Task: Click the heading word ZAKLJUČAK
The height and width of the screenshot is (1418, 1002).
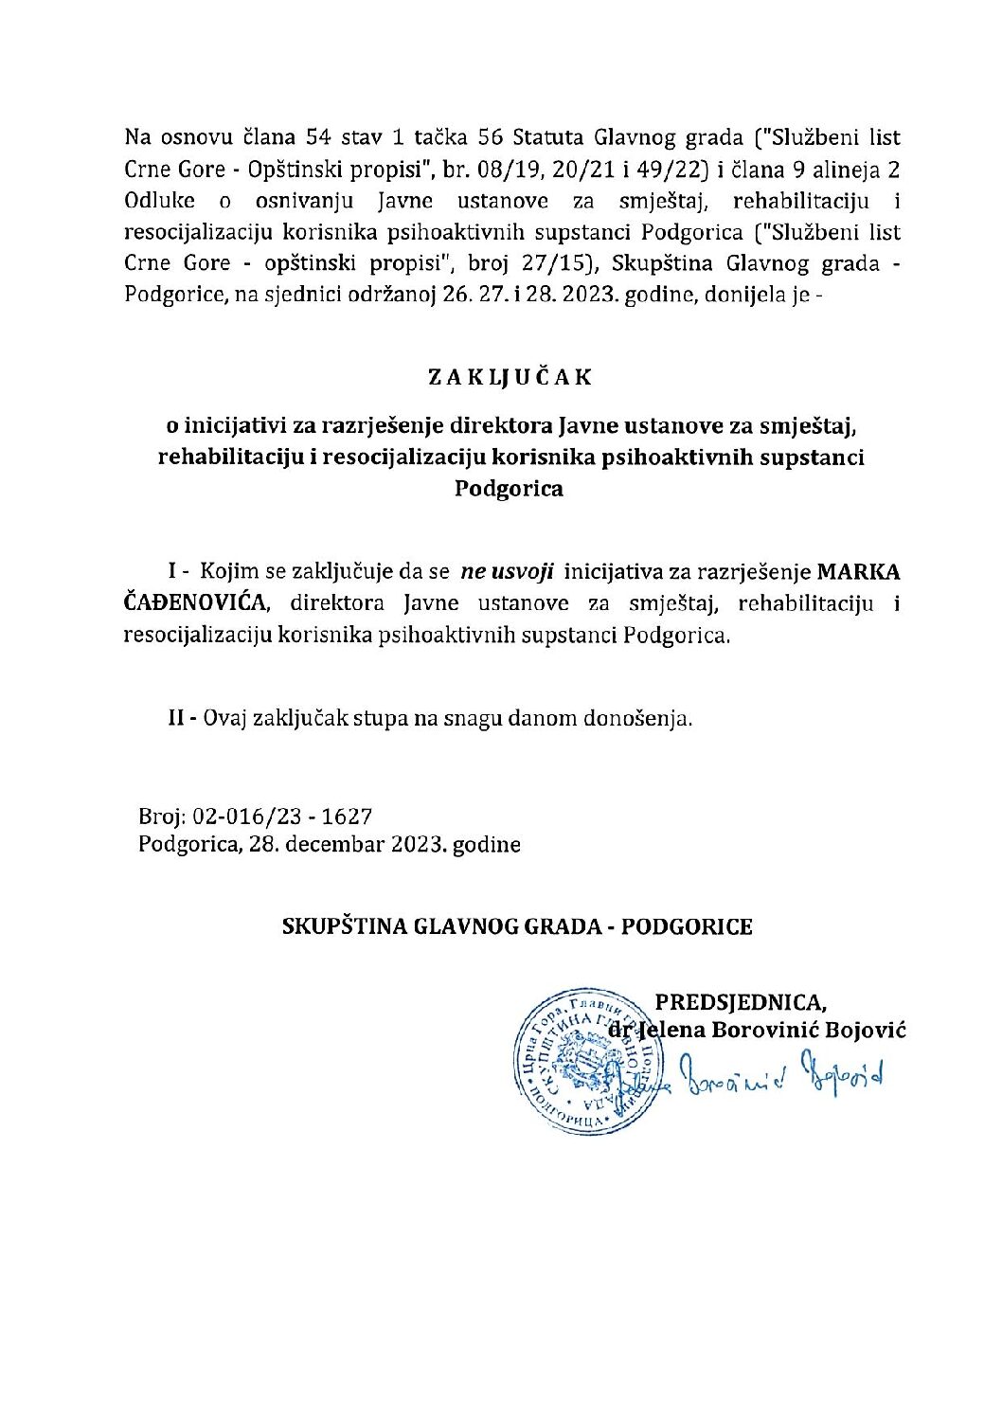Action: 510,376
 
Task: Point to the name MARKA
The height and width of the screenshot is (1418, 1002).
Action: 858,572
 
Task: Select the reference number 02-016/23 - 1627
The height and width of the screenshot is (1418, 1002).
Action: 282,817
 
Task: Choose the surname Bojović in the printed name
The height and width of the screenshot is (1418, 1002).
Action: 866,1030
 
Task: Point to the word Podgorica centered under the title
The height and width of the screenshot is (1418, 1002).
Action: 510,489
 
